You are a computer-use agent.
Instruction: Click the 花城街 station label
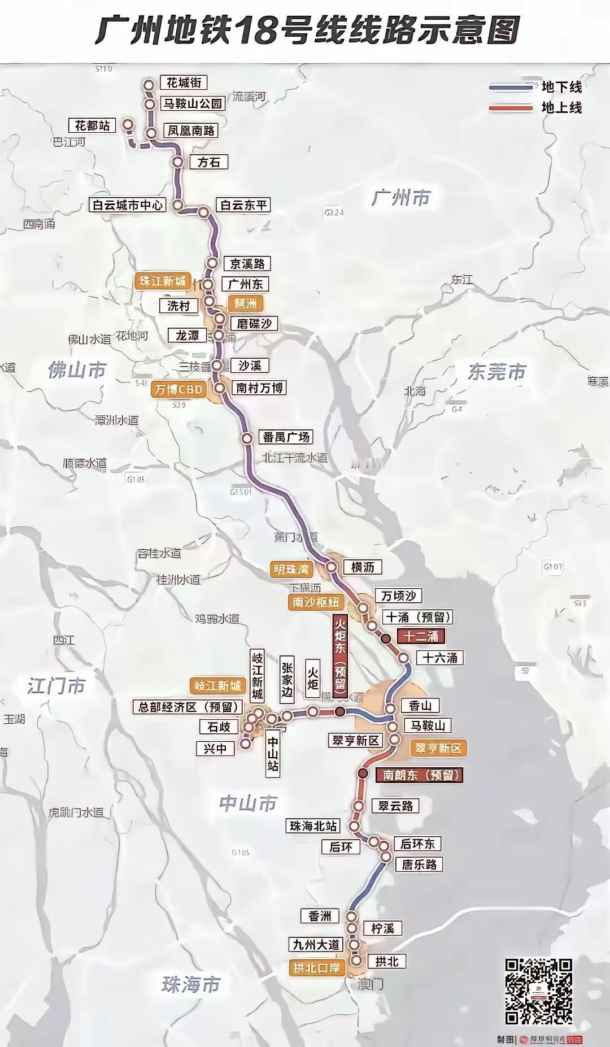(x=184, y=82)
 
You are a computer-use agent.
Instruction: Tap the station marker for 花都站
(x=129, y=124)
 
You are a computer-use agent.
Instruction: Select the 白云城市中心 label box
(x=128, y=205)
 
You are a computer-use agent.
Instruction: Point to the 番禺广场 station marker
(x=247, y=438)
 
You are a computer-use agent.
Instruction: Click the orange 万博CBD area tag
(x=178, y=389)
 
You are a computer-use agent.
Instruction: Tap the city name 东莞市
(x=497, y=372)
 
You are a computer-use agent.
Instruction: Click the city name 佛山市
(x=77, y=370)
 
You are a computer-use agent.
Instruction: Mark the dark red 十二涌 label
(x=421, y=636)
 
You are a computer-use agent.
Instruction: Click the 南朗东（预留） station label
(x=419, y=775)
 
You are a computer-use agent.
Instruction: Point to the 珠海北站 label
(x=313, y=826)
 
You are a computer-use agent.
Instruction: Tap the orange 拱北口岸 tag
(x=316, y=967)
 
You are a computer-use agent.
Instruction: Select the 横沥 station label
(x=363, y=567)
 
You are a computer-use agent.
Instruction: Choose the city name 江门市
(x=56, y=686)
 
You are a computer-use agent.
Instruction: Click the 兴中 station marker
(x=246, y=744)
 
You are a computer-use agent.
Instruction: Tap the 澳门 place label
(x=370, y=984)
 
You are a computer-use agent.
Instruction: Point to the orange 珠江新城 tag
(x=163, y=281)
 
